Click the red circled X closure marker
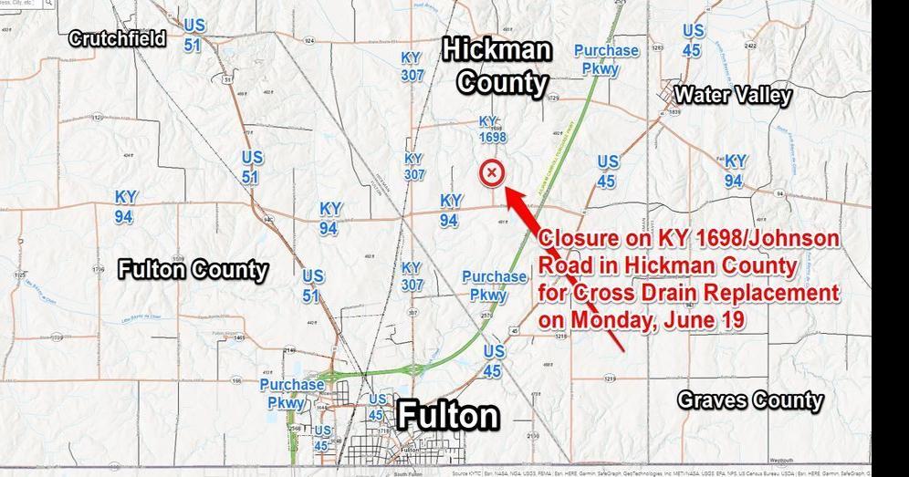click(x=492, y=172)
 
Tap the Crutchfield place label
click(x=118, y=38)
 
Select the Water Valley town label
click(x=732, y=95)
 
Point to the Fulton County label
click(x=193, y=269)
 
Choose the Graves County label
click(x=749, y=399)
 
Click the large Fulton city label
click(x=448, y=415)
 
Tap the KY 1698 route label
click(x=492, y=130)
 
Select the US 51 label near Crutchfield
click(x=193, y=35)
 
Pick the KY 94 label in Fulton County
click(x=126, y=207)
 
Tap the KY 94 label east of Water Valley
click(x=735, y=171)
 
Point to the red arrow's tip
click(x=506, y=189)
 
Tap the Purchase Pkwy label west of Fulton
click(x=292, y=393)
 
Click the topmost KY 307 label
click(x=413, y=66)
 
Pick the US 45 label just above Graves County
click(x=493, y=361)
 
